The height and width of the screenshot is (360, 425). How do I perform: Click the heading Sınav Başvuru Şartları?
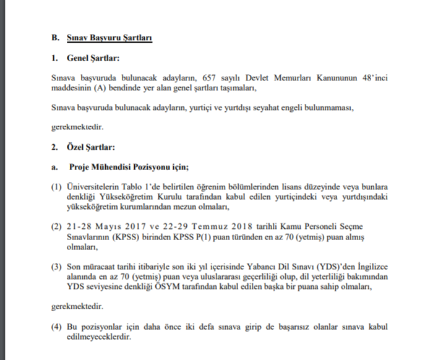(109, 38)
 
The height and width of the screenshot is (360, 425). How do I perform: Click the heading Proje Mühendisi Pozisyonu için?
(128, 167)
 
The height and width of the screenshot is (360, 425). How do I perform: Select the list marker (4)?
(56, 326)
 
